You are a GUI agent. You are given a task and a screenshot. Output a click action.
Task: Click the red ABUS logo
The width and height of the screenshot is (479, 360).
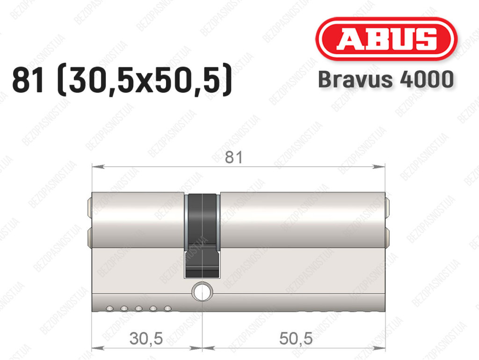(386, 39)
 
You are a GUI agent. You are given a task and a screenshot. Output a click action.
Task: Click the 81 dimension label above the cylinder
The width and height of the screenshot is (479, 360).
(234, 158)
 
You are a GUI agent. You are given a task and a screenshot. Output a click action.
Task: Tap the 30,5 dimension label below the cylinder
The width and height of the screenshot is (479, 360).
(146, 338)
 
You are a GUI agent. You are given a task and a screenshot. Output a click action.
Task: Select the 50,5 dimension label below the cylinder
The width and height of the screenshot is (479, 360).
(296, 338)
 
